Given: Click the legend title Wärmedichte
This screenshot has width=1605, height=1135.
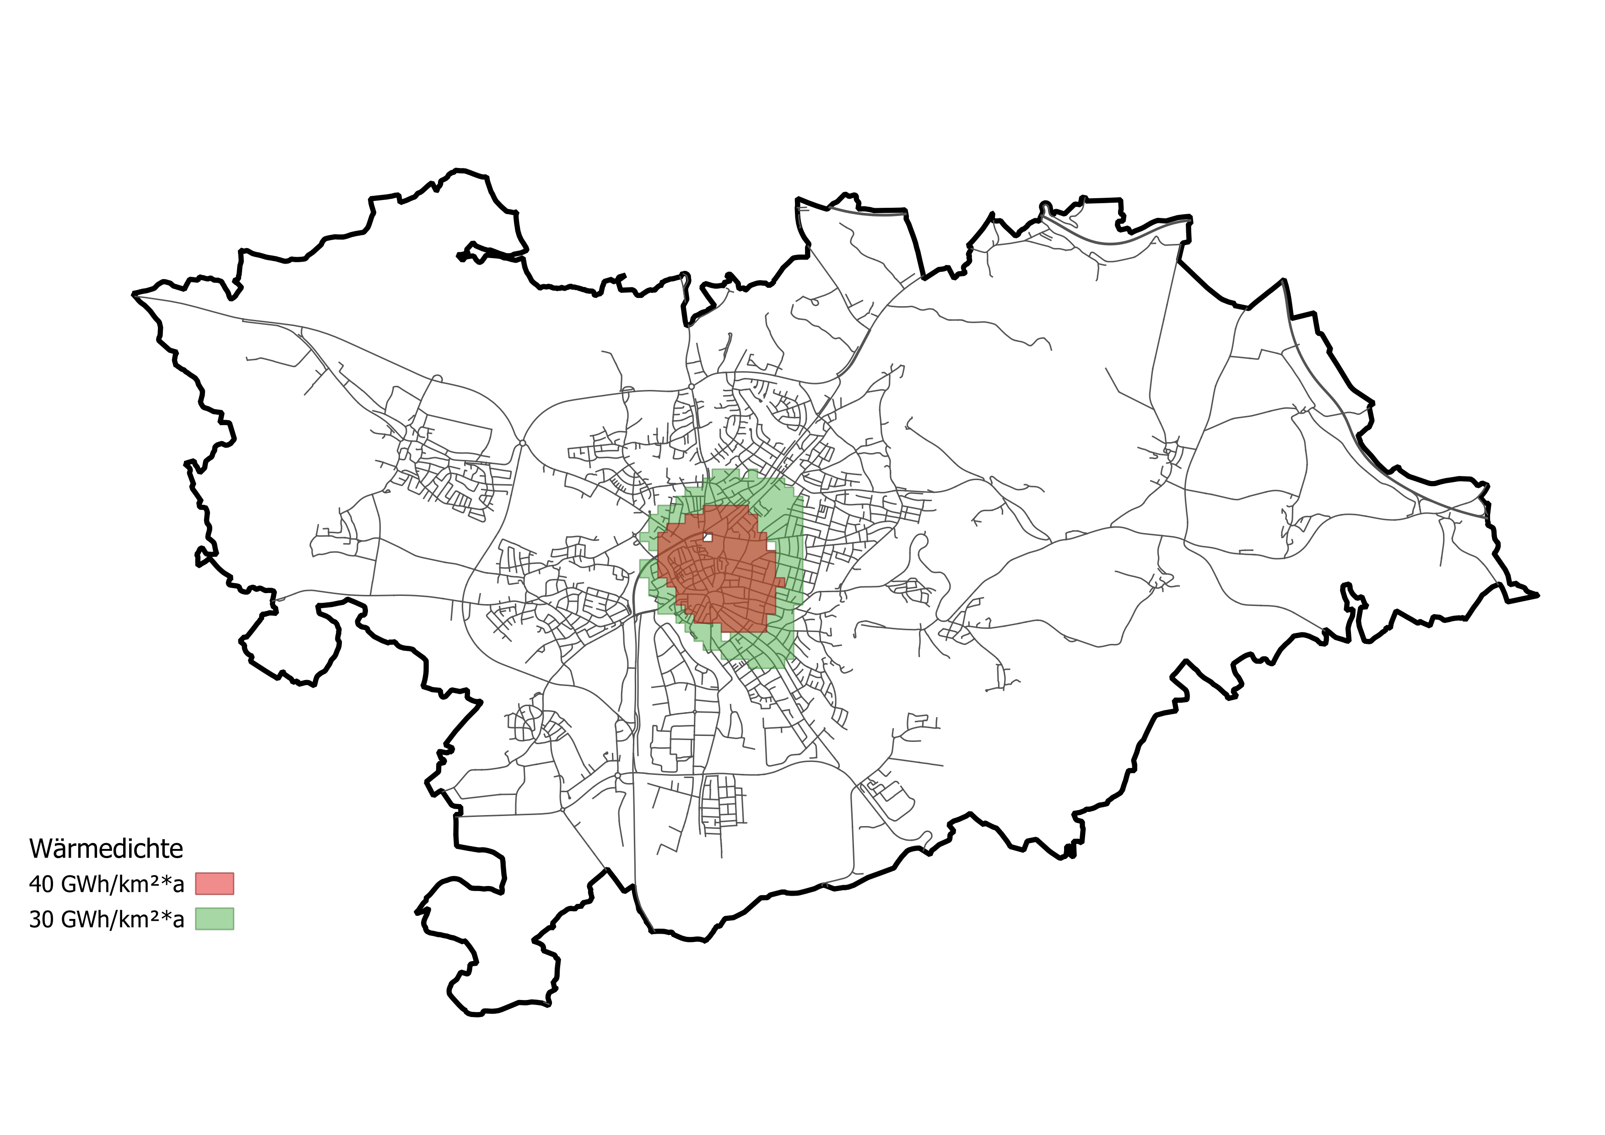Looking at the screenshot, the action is point(106,849).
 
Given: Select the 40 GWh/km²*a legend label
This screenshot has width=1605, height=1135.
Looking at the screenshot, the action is point(106,884).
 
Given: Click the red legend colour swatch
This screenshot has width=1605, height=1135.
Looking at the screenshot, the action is point(215,883).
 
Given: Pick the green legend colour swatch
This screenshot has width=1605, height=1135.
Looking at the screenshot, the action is point(215,919).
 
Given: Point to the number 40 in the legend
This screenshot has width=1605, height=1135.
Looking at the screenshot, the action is point(41,884).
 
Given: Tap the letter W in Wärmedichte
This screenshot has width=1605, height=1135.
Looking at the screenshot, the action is point(40,849).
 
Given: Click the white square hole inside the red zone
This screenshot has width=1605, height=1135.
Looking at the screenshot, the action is point(708,537).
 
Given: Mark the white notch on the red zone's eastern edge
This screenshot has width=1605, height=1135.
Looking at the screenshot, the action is point(772,546).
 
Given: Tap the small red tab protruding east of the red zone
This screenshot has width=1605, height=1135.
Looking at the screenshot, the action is point(780,582).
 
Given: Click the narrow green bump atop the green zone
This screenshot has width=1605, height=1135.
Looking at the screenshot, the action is point(752,475).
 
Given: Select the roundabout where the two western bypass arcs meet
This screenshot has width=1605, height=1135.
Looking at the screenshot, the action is point(522,443).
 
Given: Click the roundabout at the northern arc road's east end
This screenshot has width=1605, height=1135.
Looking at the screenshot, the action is point(691,386).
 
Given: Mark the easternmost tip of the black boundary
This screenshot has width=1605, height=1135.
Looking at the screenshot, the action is point(1538,595).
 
